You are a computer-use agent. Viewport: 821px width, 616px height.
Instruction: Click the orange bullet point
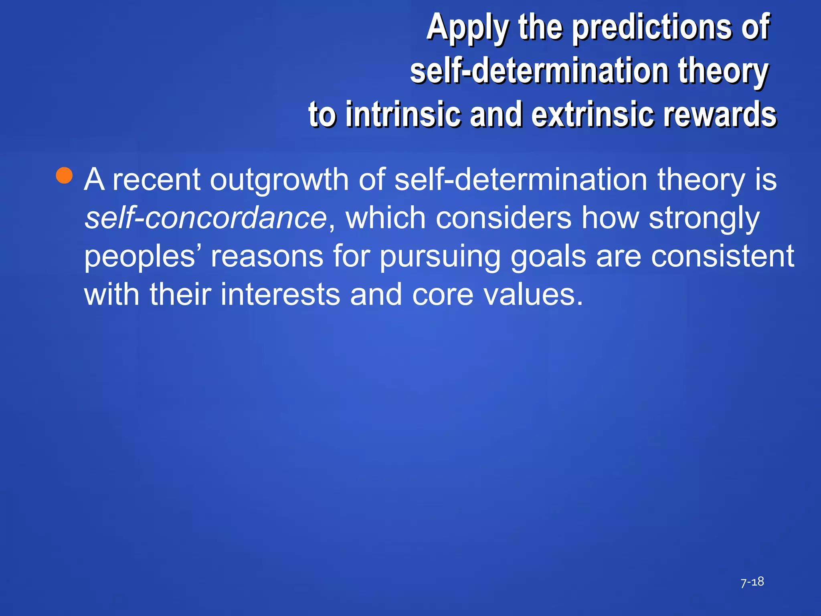coord(64,175)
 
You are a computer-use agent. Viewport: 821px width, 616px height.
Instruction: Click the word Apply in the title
coord(467,28)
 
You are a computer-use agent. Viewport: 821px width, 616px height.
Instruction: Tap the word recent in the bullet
coord(156,180)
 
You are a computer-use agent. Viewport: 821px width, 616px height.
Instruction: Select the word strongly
coord(704,219)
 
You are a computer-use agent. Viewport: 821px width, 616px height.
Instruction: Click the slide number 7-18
coord(752,582)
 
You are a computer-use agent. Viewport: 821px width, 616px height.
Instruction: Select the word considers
coord(503,218)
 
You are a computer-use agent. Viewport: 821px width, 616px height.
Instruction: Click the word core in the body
coord(443,294)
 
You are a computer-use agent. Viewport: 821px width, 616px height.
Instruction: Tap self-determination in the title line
coord(540,71)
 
